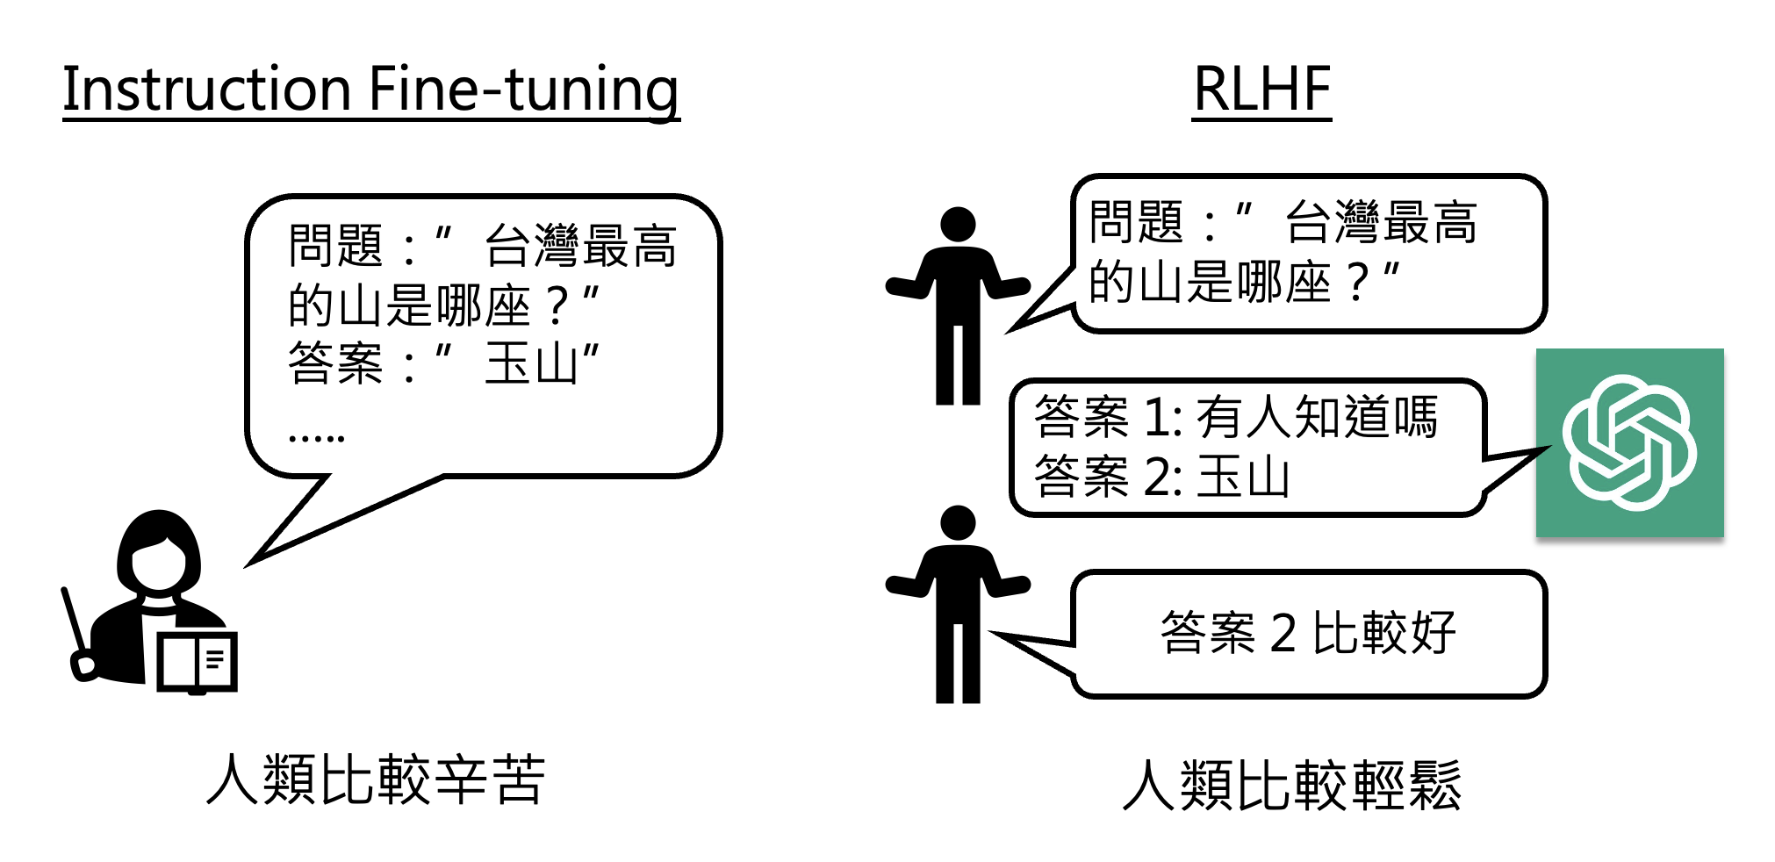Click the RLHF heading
point(1261,90)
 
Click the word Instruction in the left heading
point(207,90)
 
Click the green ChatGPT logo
point(1629,442)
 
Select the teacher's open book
point(198,661)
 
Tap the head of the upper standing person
point(958,224)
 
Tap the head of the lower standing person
point(958,522)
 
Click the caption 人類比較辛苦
point(376,779)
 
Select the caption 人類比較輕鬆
point(1292,785)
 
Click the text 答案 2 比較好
point(1308,633)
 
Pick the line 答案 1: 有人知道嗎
point(1235,416)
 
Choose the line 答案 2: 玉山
point(1161,477)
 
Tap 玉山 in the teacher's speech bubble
point(530,363)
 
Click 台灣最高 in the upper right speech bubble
point(1381,222)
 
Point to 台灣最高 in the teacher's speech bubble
point(580,246)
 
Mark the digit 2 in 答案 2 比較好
point(1283,633)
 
